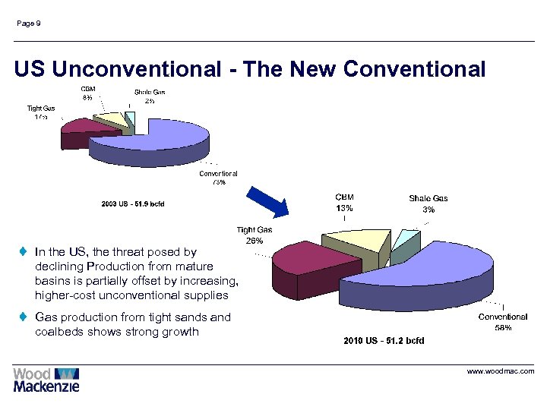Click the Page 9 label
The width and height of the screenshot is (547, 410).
[29, 24]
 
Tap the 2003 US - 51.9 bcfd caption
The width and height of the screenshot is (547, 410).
[133, 203]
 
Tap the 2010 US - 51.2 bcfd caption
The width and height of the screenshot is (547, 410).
[384, 341]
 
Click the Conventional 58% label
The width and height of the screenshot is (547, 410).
[503, 322]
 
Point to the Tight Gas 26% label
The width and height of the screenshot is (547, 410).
[255, 235]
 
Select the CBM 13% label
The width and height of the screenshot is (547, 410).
[344, 203]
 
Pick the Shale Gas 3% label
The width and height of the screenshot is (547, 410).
[428, 203]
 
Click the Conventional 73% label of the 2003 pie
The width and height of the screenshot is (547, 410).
[218, 178]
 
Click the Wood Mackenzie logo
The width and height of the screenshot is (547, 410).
[46, 380]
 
